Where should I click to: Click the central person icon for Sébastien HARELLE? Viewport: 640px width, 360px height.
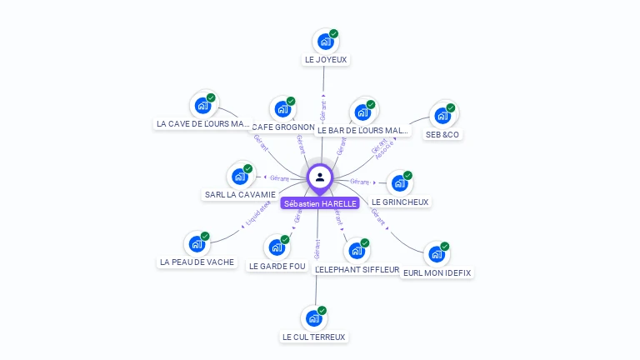click(x=320, y=177)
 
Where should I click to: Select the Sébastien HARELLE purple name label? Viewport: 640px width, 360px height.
click(x=320, y=203)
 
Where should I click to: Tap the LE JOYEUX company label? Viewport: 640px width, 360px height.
click(x=325, y=60)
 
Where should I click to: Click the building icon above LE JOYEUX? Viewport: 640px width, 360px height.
click(x=325, y=41)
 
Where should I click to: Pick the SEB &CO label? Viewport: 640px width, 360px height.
click(x=442, y=134)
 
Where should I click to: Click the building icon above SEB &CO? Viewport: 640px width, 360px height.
click(x=442, y=115)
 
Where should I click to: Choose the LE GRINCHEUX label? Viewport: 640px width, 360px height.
click(x=401, y=202)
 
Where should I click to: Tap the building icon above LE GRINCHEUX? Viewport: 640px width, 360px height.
click(x=399, y=183)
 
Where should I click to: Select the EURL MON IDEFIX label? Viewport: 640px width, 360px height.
click(x=437, y=272)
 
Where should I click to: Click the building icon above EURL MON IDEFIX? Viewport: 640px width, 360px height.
click(x=437, y=254)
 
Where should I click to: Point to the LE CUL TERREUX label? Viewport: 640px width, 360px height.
click(x=314, y=337)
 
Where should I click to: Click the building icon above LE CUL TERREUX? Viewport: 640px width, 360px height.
click(x=313, y=317)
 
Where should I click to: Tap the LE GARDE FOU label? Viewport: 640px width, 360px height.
click(x=277, y=266)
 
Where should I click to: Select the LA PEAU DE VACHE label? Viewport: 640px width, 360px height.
click(x=197, y=262)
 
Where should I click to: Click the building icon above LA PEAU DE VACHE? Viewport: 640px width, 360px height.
click(x=197, y=243)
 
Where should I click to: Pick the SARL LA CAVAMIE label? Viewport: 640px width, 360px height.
click(x=240, y=195)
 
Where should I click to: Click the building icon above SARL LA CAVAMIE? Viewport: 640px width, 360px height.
click(x=239, y=176)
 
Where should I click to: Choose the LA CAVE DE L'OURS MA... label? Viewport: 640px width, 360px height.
click(x=202, y=124)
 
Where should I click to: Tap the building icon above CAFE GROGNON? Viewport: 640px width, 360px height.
click(x=283, y=108)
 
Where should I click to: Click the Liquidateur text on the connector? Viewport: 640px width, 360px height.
click(x=257, y=212)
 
